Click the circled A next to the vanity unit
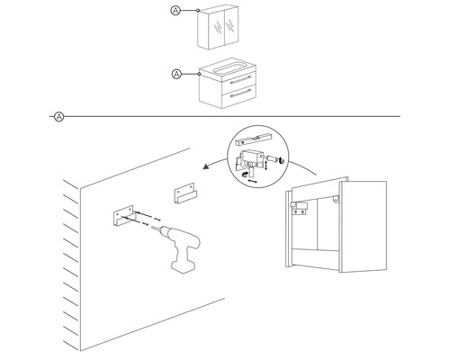pos(176,74)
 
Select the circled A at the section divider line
pos(58,116)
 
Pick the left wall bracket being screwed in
pos(118,217)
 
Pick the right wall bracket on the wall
pos(184,193)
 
